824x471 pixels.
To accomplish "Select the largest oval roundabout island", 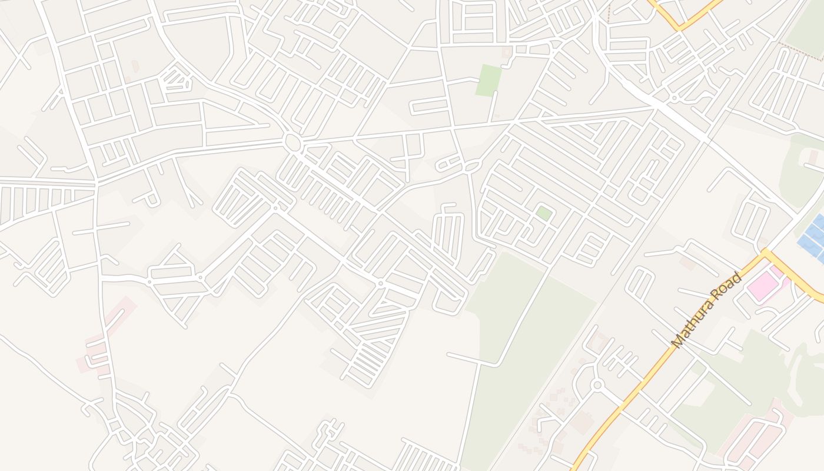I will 292,142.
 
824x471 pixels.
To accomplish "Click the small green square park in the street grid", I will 544,213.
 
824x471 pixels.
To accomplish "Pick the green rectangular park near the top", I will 489,81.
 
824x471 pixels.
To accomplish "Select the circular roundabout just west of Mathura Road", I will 597,386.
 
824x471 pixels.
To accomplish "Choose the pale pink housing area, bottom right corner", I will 759,436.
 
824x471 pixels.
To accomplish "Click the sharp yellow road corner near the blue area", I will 765,253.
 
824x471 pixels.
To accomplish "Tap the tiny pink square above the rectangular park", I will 507,52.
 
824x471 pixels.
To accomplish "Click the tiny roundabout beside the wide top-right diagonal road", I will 673,98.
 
